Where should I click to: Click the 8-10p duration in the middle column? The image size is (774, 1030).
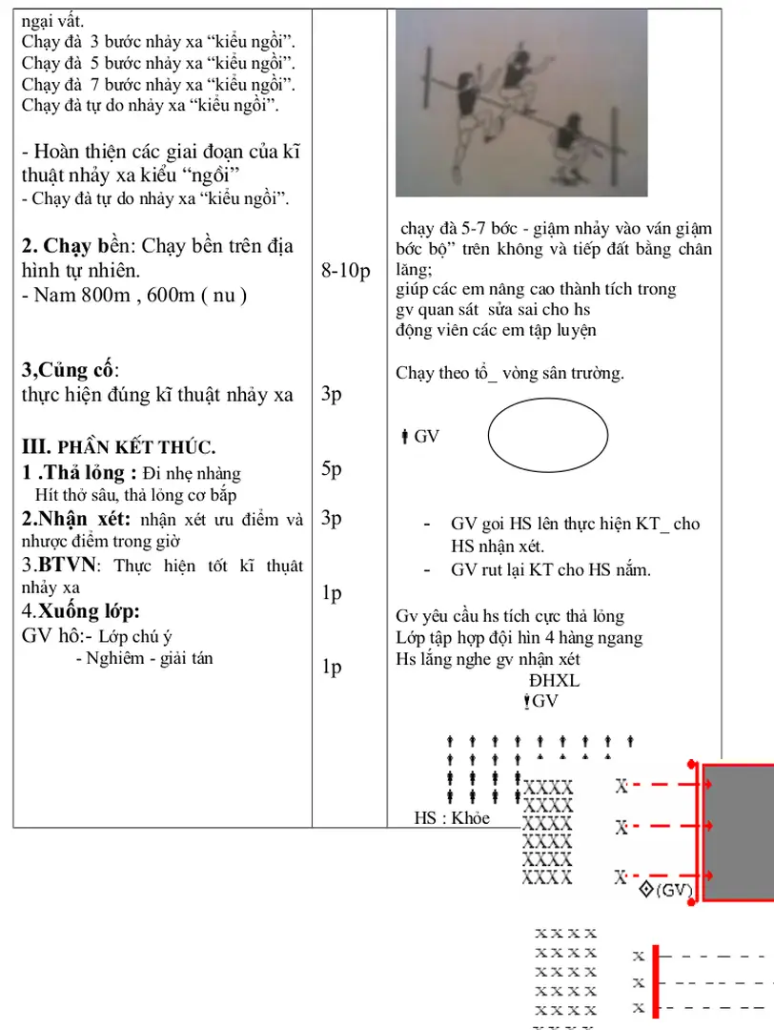pyautogui.click(x=346, y=272)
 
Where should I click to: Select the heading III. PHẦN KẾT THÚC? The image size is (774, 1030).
pyautogui.click(x=118, y=446)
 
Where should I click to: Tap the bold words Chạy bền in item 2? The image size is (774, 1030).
pyautogui.click(x=82, y=248)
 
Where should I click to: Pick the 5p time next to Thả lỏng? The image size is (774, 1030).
pyautogui.click(x=332, y=469)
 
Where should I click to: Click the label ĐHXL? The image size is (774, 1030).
pyautogui.click(x=554, y=681)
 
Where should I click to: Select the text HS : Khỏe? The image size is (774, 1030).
pyautogui.click(x=452, y=817)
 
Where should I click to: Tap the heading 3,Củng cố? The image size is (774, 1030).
pyautogui.click(x=71, y=370)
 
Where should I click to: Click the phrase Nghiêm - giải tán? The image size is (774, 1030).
pyautogui.click(x=144, y=658)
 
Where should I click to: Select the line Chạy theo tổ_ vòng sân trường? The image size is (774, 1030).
pyautogui.click(x=509, y=373)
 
